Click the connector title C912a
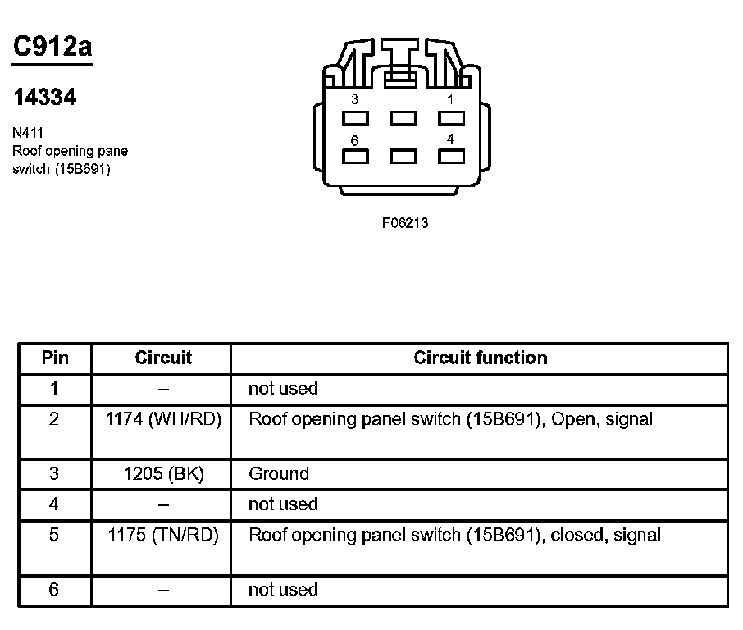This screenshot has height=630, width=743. point(52,48)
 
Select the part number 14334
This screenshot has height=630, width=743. point(45,98)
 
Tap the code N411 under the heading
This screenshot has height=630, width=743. point(29,132)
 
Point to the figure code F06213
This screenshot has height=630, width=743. point(405,223)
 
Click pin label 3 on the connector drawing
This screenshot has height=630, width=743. point(354,99)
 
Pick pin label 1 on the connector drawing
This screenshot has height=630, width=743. point(450,99)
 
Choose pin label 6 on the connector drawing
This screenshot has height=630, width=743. point(354,140)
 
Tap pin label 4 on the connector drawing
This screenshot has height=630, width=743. point(450,139)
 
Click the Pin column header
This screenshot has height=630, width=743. point(55,358)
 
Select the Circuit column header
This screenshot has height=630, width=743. point(163,358)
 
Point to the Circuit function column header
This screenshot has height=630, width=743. point(480,358)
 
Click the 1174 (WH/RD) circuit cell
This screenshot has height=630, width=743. point(163,419)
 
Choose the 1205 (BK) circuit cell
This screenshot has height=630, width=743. point(163,473)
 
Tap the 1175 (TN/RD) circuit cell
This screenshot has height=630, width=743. point(163,536)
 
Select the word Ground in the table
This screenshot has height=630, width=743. point(279,473)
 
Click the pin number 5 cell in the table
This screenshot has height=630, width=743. point(54,536)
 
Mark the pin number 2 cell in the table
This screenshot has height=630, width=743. point(54,419)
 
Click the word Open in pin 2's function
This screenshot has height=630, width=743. point(573,419)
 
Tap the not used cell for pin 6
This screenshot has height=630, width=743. point(283,589)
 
